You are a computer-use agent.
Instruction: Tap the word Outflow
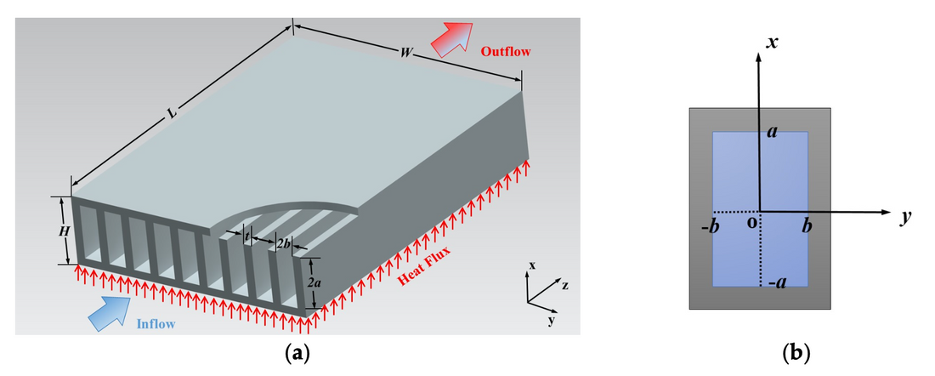coord(506,52)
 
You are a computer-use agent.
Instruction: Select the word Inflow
coord(157,322)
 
